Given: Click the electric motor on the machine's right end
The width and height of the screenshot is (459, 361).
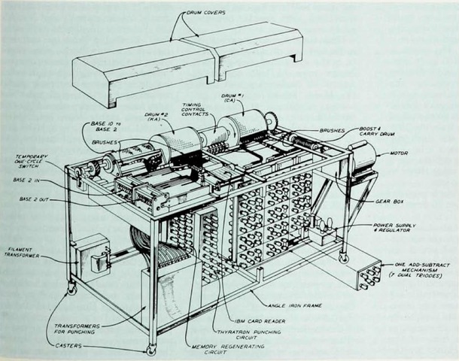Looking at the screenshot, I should pyautogui.click(x=363, y=159).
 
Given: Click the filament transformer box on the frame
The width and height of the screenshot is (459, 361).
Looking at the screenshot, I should pyautogui.click(x=91, y=253).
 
